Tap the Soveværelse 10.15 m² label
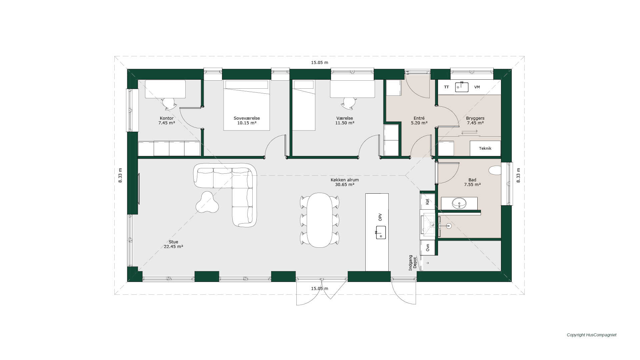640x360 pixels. (247, 121)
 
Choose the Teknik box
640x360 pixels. (485, 148)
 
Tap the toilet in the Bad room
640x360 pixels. (495, 171)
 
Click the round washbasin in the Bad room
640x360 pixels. (459, 203)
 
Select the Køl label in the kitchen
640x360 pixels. (428, 202)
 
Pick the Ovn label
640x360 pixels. (428, 248)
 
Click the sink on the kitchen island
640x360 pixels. (381, 232)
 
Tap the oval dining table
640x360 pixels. (320, 220)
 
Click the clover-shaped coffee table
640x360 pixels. (207, 202)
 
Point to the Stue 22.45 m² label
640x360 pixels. (173, 244)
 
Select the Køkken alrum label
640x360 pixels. (345, 180)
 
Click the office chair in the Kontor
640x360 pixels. (170, 104)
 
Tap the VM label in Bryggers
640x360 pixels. (477, 87)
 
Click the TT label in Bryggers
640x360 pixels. (446, 87)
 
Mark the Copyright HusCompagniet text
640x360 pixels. (592, 335)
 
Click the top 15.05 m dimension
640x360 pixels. (320, 63)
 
